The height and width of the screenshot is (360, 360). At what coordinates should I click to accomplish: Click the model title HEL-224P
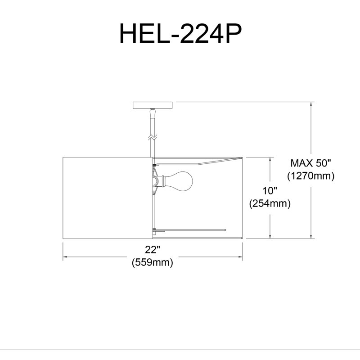[180, 34]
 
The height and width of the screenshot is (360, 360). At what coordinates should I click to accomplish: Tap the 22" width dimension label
[153, 249]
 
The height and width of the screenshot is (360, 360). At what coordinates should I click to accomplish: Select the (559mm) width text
[152, 262]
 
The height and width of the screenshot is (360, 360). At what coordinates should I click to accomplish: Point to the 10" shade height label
[270, 190]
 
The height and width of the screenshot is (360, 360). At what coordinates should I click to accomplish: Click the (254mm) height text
[270, 203]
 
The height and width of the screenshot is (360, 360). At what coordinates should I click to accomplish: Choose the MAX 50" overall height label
[310, 163]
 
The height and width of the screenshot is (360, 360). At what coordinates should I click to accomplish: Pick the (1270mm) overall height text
[311, 176]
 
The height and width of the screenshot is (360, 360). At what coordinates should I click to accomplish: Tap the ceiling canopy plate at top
[153, 105]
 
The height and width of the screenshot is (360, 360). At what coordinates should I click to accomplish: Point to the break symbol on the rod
[153, 138]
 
